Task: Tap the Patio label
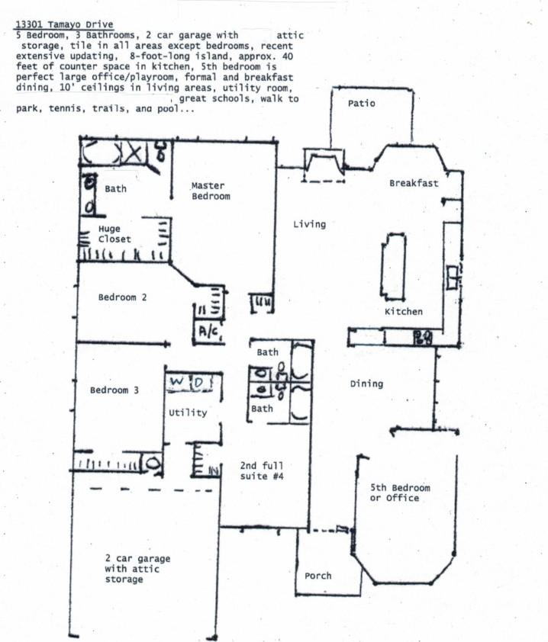coord(361,103)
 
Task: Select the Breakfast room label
coord(414,184)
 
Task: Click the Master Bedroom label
coord(210,191)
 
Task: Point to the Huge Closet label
coord(114,234)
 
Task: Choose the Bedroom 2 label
coord(122,297)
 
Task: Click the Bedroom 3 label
coord(114,390)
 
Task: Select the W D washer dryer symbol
coord(187,381)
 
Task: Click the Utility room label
coord(188,412)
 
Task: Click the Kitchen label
coord(403,312)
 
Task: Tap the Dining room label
coord(366,384)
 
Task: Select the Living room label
coord(309,224)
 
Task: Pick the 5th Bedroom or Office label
coord(400,493)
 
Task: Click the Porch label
coord(318,576)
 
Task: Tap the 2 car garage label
coord(137,569)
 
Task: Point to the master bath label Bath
coord(115,189)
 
